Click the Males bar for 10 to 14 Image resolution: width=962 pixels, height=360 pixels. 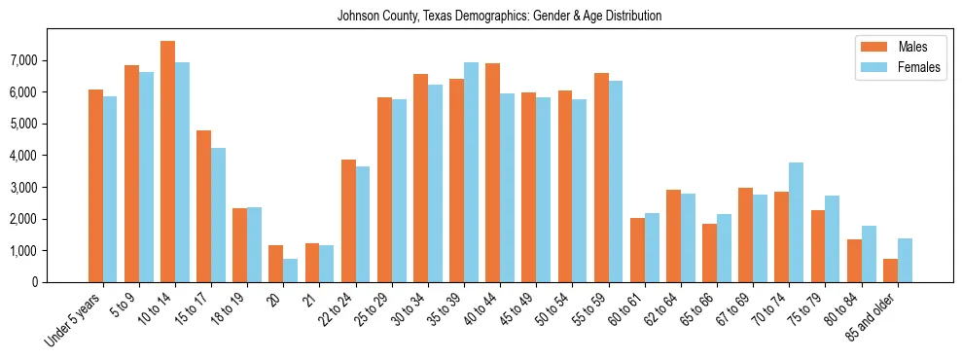tap(167, 162)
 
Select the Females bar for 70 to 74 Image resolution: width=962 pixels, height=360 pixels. tap(796, 222)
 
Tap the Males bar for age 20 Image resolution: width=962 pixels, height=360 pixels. tap(275, 264)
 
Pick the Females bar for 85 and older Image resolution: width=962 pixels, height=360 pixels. tap(905, 260)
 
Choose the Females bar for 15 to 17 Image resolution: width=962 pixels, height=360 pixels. tap(218, 215)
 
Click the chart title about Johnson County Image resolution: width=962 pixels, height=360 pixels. tap(499, 16)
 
